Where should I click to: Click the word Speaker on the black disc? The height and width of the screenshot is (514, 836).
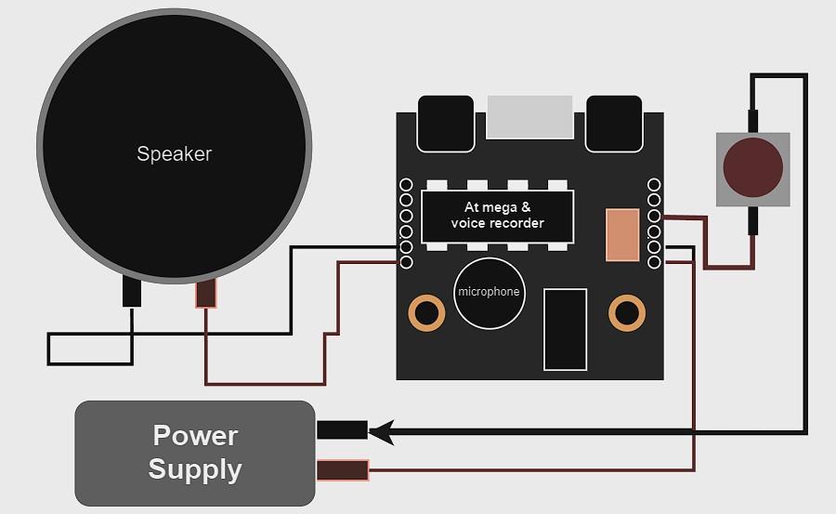coord(175,154)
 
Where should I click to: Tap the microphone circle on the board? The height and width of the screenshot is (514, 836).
coord(489,292)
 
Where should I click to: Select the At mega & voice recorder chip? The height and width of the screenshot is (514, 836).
coord(498,216)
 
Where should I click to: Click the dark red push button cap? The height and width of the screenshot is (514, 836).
coord(752,168)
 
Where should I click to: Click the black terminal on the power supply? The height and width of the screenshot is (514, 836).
coord(342,430)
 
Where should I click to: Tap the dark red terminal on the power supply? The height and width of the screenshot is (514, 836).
coord(342,470)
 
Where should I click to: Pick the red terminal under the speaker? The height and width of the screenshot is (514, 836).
coord(205,294)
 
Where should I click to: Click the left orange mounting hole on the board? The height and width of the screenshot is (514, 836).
coord(427,312)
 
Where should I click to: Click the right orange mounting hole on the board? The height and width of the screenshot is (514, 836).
coord(627,312)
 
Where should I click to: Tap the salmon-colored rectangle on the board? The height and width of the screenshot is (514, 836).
coord(622,234)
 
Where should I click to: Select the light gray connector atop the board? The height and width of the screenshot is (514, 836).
coord(530,115)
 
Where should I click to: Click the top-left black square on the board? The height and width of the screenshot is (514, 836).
coord(446,122)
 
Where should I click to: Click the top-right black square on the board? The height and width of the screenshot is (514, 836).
coord(614,122)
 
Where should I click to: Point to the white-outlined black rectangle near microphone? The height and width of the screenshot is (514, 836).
coord(565,329)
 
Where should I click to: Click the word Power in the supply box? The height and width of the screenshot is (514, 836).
coord(195,435)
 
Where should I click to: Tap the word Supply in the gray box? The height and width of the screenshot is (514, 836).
coord(195,469)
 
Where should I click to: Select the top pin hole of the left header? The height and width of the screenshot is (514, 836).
coord(406,185)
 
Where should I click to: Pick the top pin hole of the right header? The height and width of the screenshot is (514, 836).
coord(654,185)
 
